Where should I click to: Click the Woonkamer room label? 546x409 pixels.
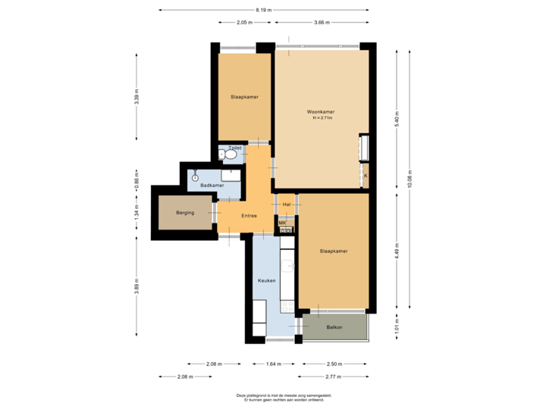[x=322, y=112]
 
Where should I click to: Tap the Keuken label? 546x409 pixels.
[x=265, y=280]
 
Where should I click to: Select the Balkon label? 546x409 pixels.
[x=334, y=327]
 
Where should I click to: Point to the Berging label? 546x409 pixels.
[x=185, y=213]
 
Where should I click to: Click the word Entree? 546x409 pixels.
[x=249, y=216]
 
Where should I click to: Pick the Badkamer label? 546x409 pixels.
[x=212, y=186]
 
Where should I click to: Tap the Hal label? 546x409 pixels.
[x=287, y=204]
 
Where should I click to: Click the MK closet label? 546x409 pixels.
[x=282, y=222]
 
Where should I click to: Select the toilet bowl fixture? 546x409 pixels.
[x=231, y=155]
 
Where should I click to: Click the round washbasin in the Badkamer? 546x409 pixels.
[x=196, y=176]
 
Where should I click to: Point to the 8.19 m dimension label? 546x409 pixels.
[x=264, y=10]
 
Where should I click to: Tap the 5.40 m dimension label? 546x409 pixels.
[x=397, y=118]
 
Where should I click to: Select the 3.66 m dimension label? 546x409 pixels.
[x=322, y=23]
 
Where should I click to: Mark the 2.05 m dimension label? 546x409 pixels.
[x=243, y=23]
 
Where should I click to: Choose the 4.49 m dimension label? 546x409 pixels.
[x=397, y=251]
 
